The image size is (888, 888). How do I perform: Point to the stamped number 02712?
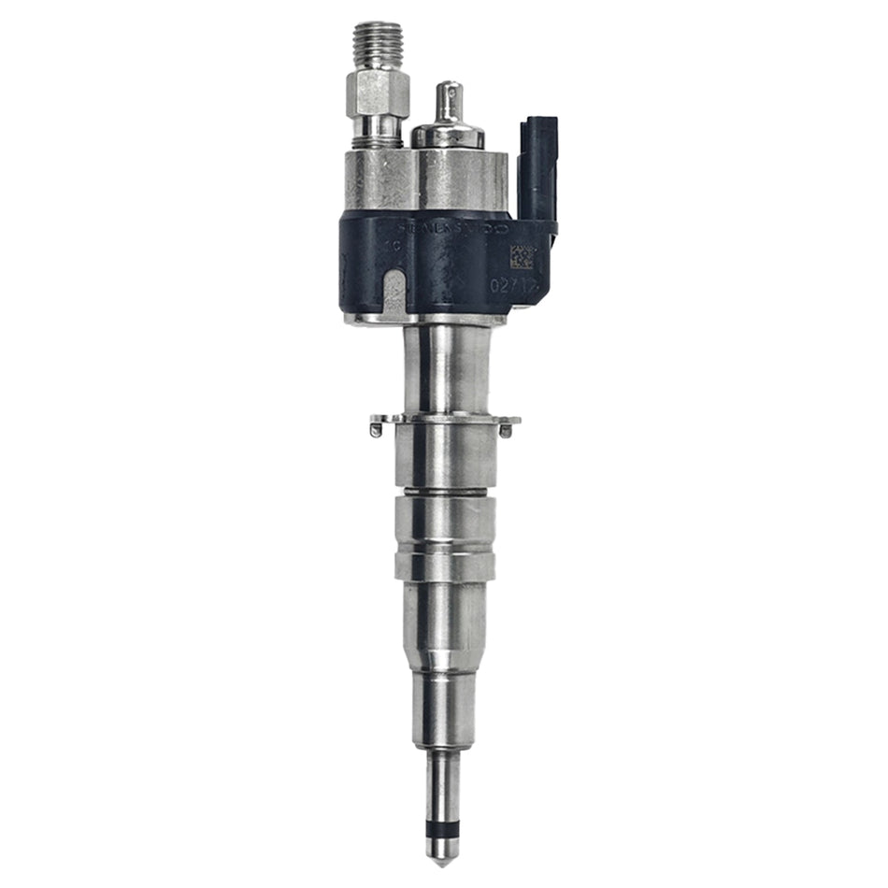point(513,282)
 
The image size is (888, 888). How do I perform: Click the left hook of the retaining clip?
point(376,429)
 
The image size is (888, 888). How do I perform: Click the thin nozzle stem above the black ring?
point(439,785)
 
